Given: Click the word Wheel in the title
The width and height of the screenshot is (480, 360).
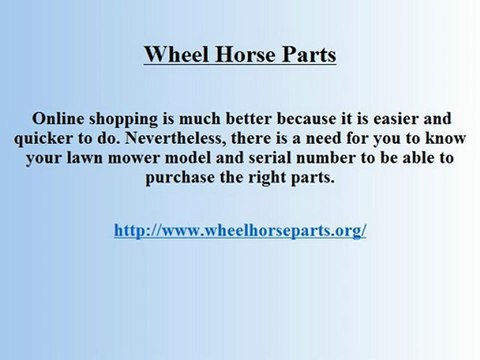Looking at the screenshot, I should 173,54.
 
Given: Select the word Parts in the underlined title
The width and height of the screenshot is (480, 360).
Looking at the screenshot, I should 307,54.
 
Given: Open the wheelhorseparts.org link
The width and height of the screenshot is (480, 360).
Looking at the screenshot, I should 240,229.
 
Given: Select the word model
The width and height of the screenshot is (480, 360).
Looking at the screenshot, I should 188,158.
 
